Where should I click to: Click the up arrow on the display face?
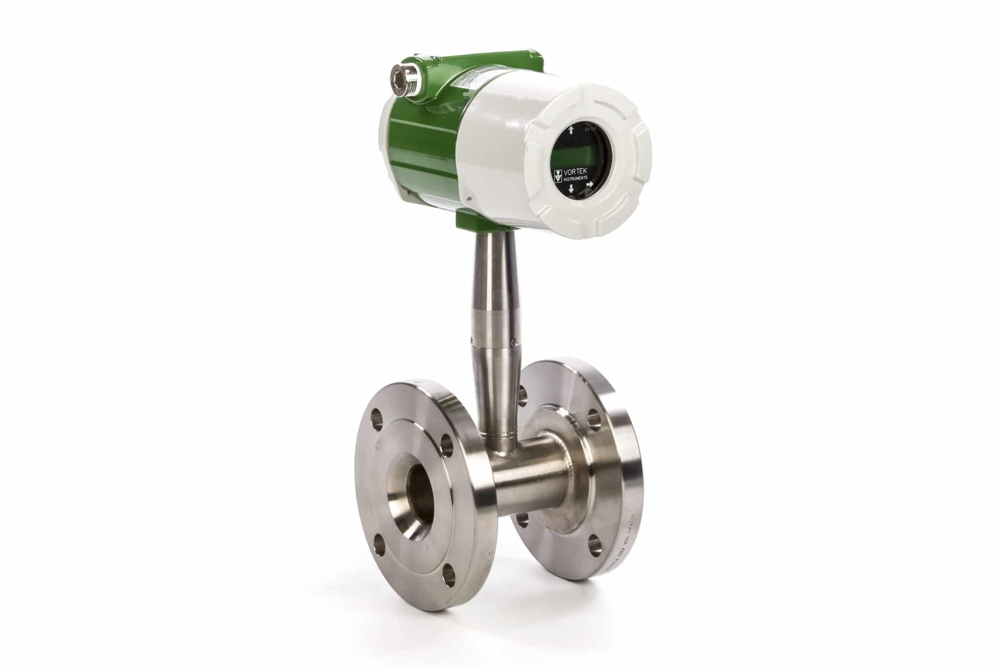[x=571, y=130]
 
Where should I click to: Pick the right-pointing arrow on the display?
[x=589, y=185]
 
